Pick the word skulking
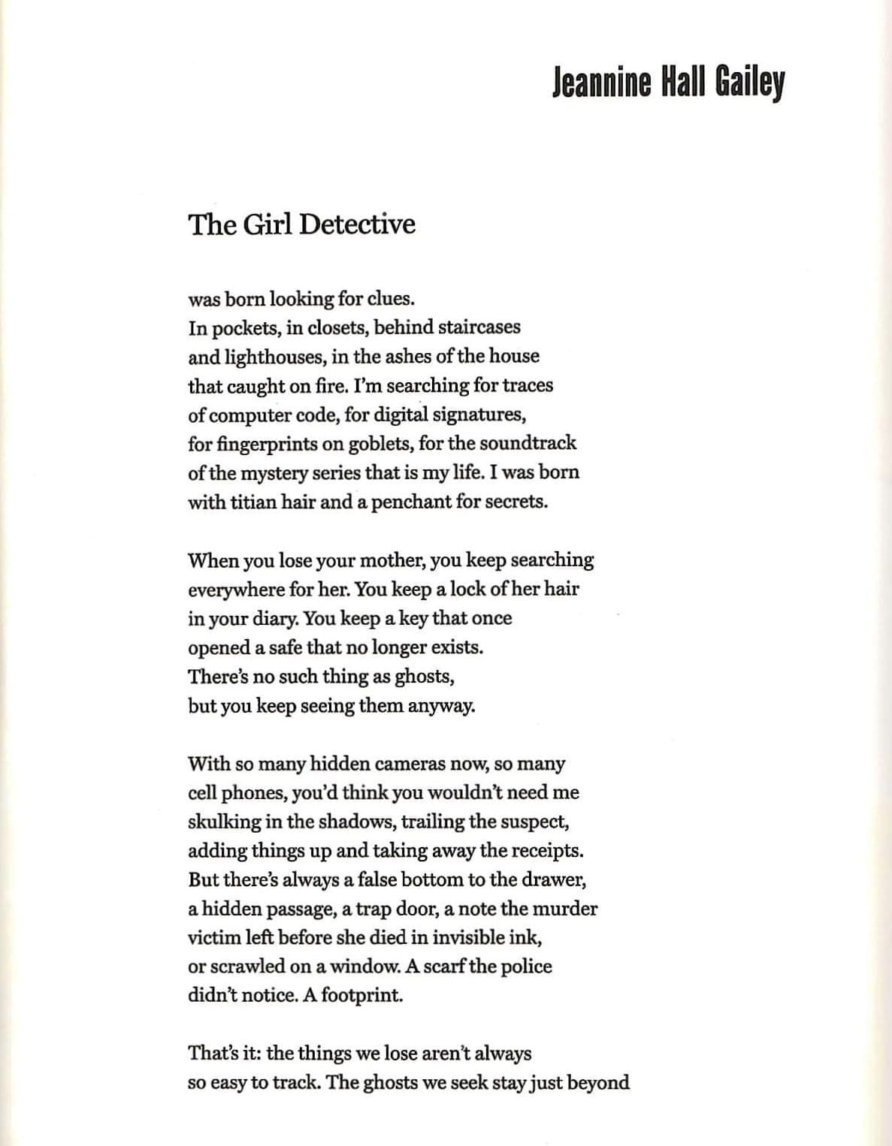coord(224,822)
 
